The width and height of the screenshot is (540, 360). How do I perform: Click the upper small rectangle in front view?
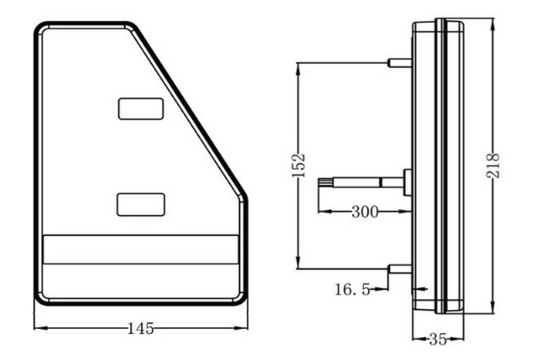pos(140,108)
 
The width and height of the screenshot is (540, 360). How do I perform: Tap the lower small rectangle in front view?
pos(140,204)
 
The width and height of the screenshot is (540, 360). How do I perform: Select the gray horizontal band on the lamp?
pos(140,250)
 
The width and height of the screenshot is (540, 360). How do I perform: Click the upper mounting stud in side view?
pos(400,62)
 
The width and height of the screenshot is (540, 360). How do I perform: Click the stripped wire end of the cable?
pos(326,183)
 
